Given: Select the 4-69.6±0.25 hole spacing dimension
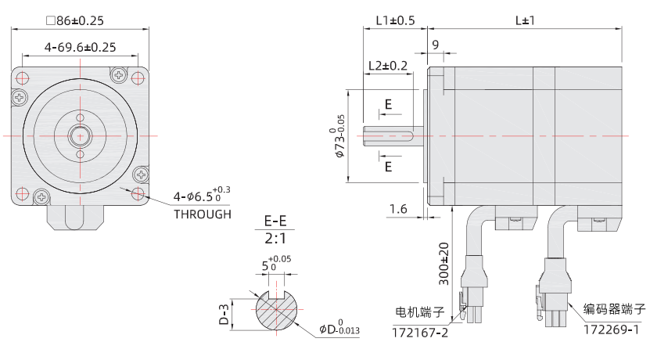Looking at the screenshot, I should click(x=80, y=47).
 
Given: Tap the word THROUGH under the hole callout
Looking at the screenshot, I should click(x=203, y=214).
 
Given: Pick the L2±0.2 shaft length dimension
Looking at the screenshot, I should click(x=387, y=66).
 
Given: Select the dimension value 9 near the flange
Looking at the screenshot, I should click(x=435, y=45).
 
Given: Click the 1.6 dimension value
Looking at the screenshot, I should click(x=398, y=208).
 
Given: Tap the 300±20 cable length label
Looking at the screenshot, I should click(x=444, y=263).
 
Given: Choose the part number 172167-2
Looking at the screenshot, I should click(x=421, y=333).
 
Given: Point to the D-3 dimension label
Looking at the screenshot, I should click(x=223, y=314).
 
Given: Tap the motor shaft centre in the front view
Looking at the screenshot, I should click(x=80, y=135).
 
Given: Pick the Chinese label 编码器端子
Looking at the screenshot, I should click(x=615, y=309).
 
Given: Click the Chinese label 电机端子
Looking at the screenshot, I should click(x=419, y=312).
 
